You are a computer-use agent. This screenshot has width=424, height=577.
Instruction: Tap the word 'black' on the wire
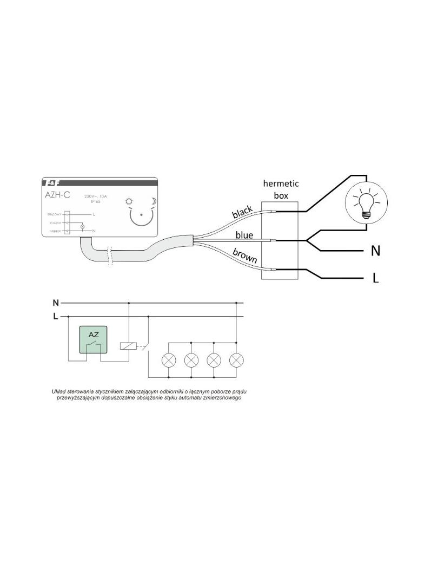(242, 212)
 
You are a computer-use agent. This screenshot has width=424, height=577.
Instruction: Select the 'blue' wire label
(244, 235)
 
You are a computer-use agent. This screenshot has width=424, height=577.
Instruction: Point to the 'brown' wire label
(245, 255)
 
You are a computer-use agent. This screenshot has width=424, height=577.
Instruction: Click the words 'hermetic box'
(281, 189)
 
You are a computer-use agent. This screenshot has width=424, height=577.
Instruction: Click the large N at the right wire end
(375, 251)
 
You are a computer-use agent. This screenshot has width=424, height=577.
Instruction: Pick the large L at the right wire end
(375, 279)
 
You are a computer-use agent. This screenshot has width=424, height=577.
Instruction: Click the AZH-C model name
(57, 195)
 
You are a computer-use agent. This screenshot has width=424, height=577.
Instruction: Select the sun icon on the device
(129, 202)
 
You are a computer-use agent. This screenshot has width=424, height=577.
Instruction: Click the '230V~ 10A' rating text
(96, 196)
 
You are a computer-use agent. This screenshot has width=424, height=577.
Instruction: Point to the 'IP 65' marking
(96, 201)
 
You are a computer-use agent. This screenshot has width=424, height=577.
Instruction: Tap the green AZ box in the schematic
(93, 340)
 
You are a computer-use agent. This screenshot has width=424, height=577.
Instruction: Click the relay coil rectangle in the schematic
(128, 345)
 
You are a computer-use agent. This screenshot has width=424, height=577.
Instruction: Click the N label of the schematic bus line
(55, 303)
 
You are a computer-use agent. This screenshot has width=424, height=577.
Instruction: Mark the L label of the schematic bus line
(55, 316)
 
